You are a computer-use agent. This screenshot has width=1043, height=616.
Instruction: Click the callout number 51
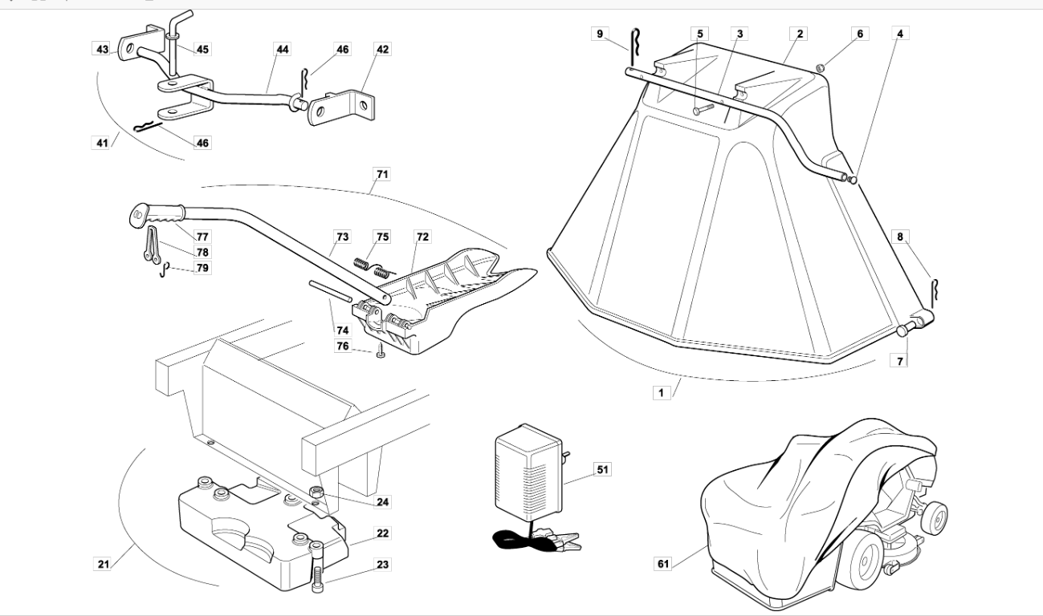click(602, 469)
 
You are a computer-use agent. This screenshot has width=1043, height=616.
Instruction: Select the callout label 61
click(663, 564)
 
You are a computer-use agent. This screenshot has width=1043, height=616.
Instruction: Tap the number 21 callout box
click(103, 565)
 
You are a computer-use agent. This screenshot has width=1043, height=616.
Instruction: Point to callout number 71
click(382, 175)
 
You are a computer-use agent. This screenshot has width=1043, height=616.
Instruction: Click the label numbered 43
click(102, 49)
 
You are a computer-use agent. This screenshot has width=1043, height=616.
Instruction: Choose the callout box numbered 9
click(600, 34)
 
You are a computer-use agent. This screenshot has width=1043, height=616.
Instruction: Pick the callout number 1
click(661, 393)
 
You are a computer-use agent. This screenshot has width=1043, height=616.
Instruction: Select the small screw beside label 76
click(381, 351)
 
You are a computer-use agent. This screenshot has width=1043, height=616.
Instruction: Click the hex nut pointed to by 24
click(316, 492)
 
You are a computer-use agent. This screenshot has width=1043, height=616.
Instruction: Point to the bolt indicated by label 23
click(317, 567)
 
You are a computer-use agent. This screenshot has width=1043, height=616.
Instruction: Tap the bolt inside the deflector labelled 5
click(703, 109)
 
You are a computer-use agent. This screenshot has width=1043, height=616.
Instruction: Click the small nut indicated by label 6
click(821, 68)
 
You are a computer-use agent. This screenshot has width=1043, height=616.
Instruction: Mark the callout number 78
click(202, 252)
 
